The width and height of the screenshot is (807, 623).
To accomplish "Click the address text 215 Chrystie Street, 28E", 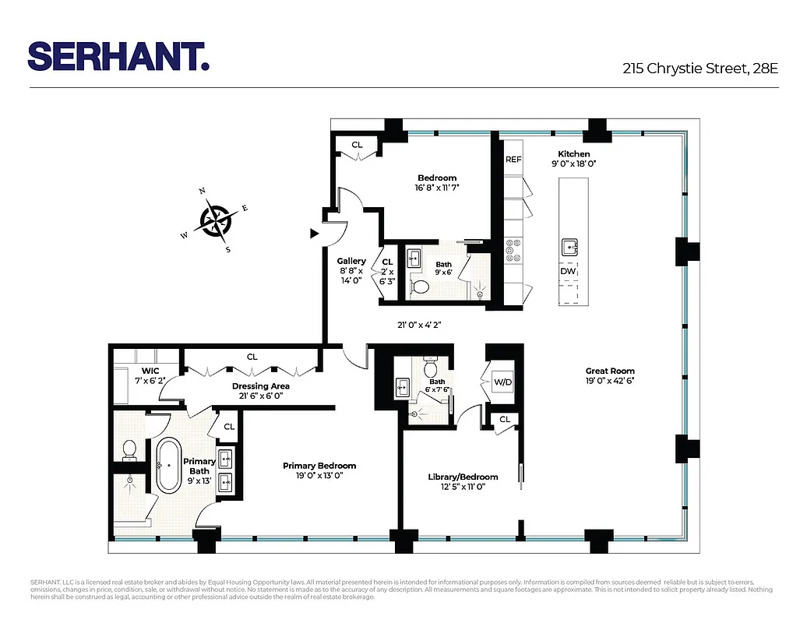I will point(700,69).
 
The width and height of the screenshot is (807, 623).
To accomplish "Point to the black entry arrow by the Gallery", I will point(315,232).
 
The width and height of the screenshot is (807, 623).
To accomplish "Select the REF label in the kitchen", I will point(513,160).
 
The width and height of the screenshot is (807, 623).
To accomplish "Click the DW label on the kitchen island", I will point(568,271).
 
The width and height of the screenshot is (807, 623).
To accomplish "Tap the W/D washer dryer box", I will point(502,382).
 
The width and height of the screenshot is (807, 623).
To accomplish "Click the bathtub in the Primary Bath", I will point(168,466).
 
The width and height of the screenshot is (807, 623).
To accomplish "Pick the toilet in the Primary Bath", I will point(129,449).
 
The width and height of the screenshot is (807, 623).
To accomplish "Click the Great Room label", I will point(610,371).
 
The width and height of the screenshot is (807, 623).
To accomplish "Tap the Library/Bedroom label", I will point(463,477).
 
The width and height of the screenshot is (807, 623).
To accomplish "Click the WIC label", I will point(150,370).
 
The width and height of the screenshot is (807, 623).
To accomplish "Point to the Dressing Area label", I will point(261,386).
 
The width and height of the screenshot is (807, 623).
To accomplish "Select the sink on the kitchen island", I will point(569,248).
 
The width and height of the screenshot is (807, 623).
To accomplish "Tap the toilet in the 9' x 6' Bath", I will point(420,287).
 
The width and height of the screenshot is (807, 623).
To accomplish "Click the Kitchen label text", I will point(573,154).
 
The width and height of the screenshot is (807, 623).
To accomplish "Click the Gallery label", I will point(351,261).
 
